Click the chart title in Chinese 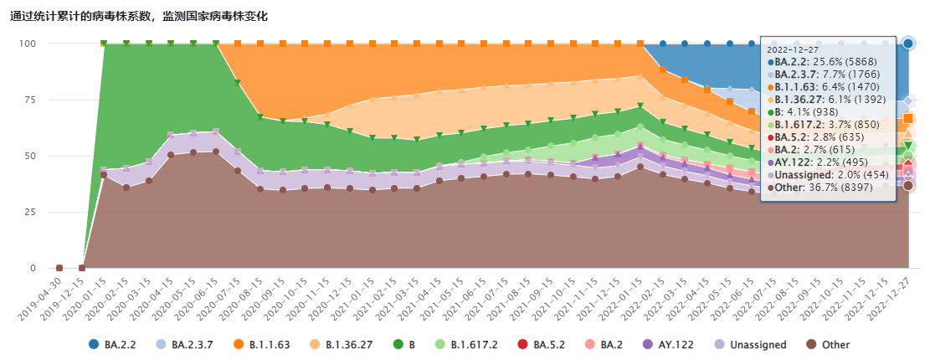(x=139, y=16)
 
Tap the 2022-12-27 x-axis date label (x=889, y=296)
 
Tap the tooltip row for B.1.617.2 (x=825, y=123)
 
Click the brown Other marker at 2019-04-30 (x=59, y=268)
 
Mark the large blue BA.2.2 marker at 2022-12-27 (x=908, y=43)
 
